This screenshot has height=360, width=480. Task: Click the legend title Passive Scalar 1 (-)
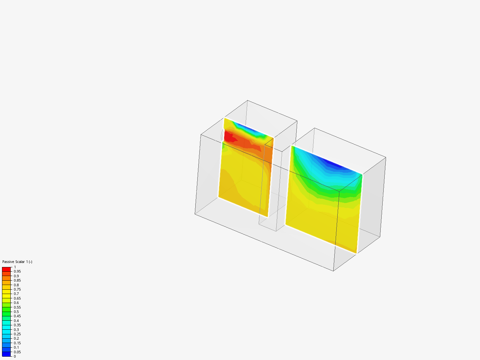click(17, 262)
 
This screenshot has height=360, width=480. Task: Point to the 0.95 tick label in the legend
click(17, 271)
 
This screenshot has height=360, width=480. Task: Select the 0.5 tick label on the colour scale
click(16, 312)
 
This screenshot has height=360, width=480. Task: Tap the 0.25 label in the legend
click(17, 334)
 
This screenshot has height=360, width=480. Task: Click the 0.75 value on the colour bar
click(17, 289)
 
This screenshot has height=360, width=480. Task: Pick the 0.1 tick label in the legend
click(16, 347)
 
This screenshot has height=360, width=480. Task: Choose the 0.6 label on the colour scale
click(16, 303)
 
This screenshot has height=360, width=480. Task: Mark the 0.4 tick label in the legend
click(16, 321)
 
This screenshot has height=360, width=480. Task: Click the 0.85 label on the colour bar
click(17, 280)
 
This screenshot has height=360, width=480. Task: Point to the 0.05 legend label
click(17, 352)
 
